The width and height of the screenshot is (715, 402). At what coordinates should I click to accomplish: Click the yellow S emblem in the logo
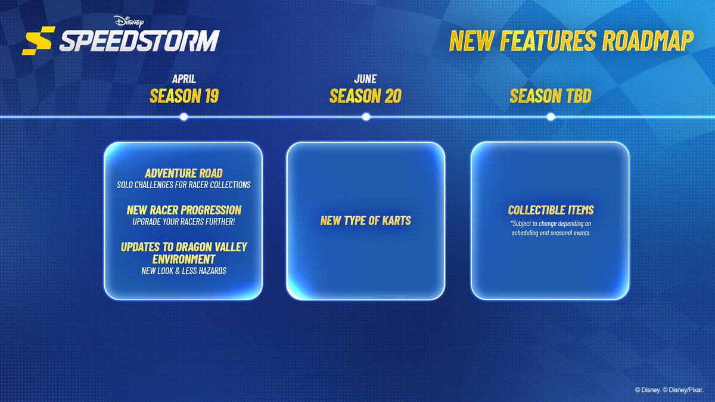[x=37, y=43]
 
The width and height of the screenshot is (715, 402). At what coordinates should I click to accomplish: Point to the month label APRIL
[x=184, y=79]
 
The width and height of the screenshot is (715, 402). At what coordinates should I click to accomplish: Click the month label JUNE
[x=365, y=79]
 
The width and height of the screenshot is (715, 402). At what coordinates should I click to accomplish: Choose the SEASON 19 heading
[x=184, y=96]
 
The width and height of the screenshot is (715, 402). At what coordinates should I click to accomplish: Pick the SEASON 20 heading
[x=365, y=96]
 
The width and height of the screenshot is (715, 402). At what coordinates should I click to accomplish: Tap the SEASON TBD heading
[x=551, y=96]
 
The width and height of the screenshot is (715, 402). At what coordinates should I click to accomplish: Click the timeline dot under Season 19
[x=184, y=117]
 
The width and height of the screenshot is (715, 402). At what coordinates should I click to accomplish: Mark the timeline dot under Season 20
[x=366, y=117]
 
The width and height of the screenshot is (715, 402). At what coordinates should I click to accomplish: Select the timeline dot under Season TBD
[x=551, y=117]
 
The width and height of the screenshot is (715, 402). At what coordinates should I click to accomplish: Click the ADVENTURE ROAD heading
[x=184, y=173]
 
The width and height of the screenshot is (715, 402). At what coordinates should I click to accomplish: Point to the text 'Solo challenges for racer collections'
[x=184, y=185]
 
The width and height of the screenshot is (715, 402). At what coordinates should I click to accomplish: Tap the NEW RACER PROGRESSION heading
[x=184, y=210]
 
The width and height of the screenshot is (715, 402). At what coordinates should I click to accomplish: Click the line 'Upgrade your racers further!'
[x=184, y=222]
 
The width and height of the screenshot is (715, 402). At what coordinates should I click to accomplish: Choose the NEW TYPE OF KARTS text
[x=366, y=221]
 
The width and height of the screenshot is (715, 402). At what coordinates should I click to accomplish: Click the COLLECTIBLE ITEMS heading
[x=551, y=210]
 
